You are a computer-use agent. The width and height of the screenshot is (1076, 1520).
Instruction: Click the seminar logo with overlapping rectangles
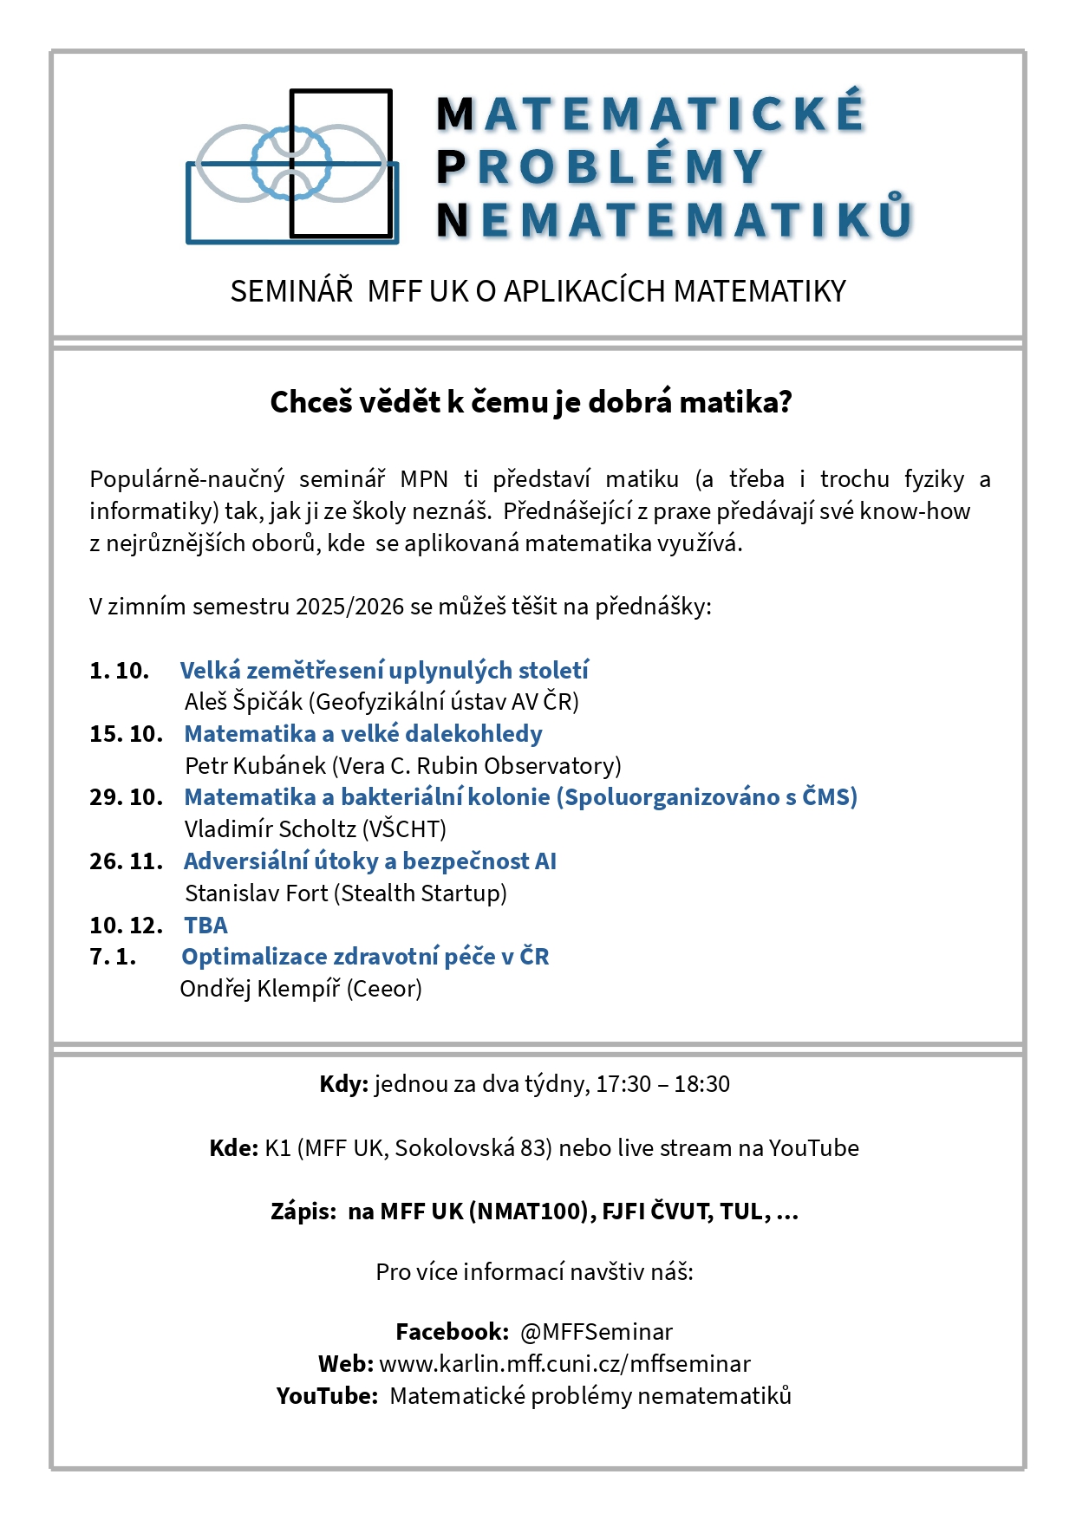(x=292, y=165)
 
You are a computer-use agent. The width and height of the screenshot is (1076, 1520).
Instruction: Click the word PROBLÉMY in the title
(x=600, y=167)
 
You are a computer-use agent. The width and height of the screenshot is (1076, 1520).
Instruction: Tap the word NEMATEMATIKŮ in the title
(x=675, y=220)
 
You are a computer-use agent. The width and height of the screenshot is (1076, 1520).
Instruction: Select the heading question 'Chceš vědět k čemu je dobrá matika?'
(x=531, y=402)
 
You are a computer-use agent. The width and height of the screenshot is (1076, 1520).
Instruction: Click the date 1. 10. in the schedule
(x=119, y=670)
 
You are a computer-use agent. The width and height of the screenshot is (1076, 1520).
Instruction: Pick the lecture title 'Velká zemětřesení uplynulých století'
(x=384, y=670)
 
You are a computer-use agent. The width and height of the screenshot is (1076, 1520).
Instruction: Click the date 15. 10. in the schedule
(x=126, y=733)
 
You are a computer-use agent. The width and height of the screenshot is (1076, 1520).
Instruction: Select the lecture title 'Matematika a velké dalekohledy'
(x=363, y=733)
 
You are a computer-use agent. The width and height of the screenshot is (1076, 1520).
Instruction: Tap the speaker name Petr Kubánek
(x=255, y=765)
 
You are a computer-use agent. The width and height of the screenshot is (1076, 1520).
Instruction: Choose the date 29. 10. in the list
(x=126, y=796)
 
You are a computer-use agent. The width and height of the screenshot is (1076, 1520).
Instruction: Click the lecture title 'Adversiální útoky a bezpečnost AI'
(x=370, y=861)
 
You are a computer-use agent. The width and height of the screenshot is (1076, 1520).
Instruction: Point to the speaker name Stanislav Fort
(x=256, y=893)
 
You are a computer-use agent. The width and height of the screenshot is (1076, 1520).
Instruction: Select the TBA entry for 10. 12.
(x=205, y=925)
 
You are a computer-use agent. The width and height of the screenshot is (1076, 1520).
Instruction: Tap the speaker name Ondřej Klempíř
(x=259, y=988)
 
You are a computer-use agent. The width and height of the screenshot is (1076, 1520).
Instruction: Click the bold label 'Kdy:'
(x=343, y=1083)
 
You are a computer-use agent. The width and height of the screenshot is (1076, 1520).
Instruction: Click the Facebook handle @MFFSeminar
(x=596, y=1331)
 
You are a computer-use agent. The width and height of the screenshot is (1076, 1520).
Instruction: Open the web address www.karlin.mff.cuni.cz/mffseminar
(x=564, y=1363)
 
